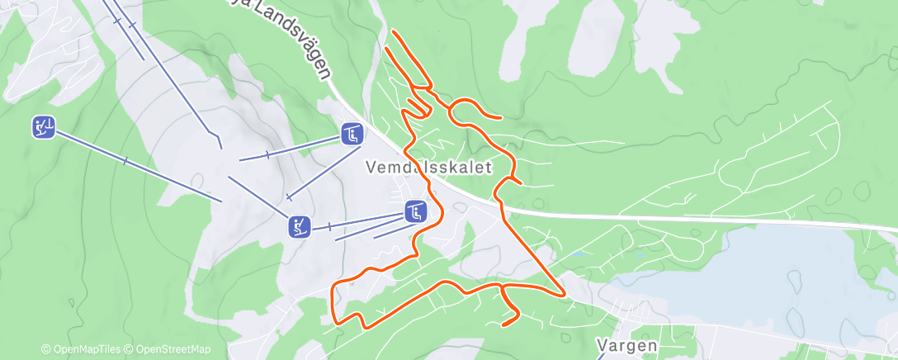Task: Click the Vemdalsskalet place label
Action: (428, 168)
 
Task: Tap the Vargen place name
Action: (627, 345)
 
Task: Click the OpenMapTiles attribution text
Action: (81, 350)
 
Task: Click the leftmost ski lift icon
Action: (44, 127)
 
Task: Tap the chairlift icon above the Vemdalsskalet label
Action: (352, 133)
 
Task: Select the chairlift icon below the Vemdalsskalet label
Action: (415, 211)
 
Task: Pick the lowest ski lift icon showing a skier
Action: (300, 225)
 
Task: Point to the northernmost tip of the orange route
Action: (393, 31)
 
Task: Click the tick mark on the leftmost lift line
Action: (125, 160)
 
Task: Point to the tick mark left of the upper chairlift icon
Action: (267, 154)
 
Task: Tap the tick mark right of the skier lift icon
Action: (330, 226)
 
